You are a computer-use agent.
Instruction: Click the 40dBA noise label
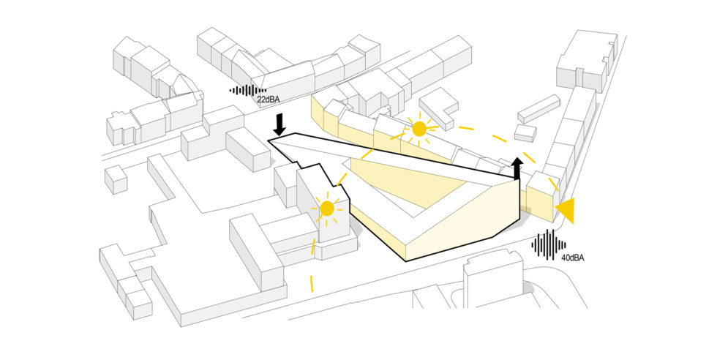coord(573,257)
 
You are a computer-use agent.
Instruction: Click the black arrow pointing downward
coord(278,122)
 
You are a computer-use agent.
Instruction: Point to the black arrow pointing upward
coord(517,167)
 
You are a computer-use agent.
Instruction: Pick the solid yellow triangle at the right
coord(565,210)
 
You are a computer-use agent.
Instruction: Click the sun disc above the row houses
coord(419,130)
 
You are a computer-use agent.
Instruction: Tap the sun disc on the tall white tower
coord(327,209)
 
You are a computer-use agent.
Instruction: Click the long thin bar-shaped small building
coord(538,108)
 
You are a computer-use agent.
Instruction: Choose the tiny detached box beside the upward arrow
coord(525,133)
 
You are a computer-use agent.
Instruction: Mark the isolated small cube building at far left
coord(116,179)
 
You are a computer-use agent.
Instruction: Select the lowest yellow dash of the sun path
coord(312,282)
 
